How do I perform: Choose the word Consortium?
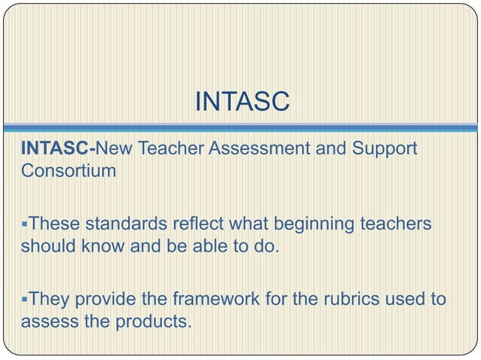[x=69, y=169]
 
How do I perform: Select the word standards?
[x=121, y=224]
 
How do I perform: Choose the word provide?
[x=106, y=299]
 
